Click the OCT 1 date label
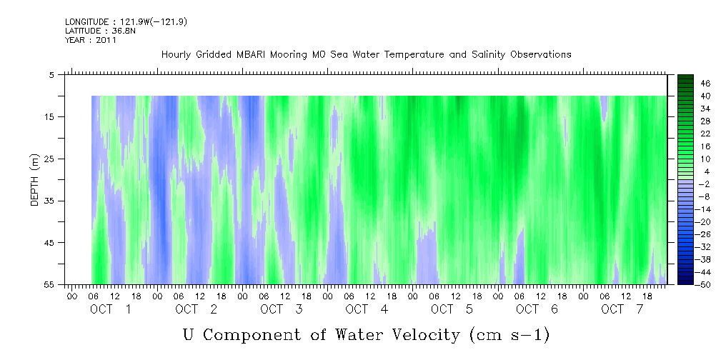[110, 309]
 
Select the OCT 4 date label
[367, 309]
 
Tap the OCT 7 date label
[622, 309]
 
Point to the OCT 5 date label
[452, 309]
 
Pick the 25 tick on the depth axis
[49, 159]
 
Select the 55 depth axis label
[49, 285]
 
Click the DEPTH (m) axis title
[36, 179]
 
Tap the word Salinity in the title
[489, 55]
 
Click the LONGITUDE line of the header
[126, 22]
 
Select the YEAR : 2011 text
[91, 40]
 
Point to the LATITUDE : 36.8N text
[100, 31]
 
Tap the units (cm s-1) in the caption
[509, 335]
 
